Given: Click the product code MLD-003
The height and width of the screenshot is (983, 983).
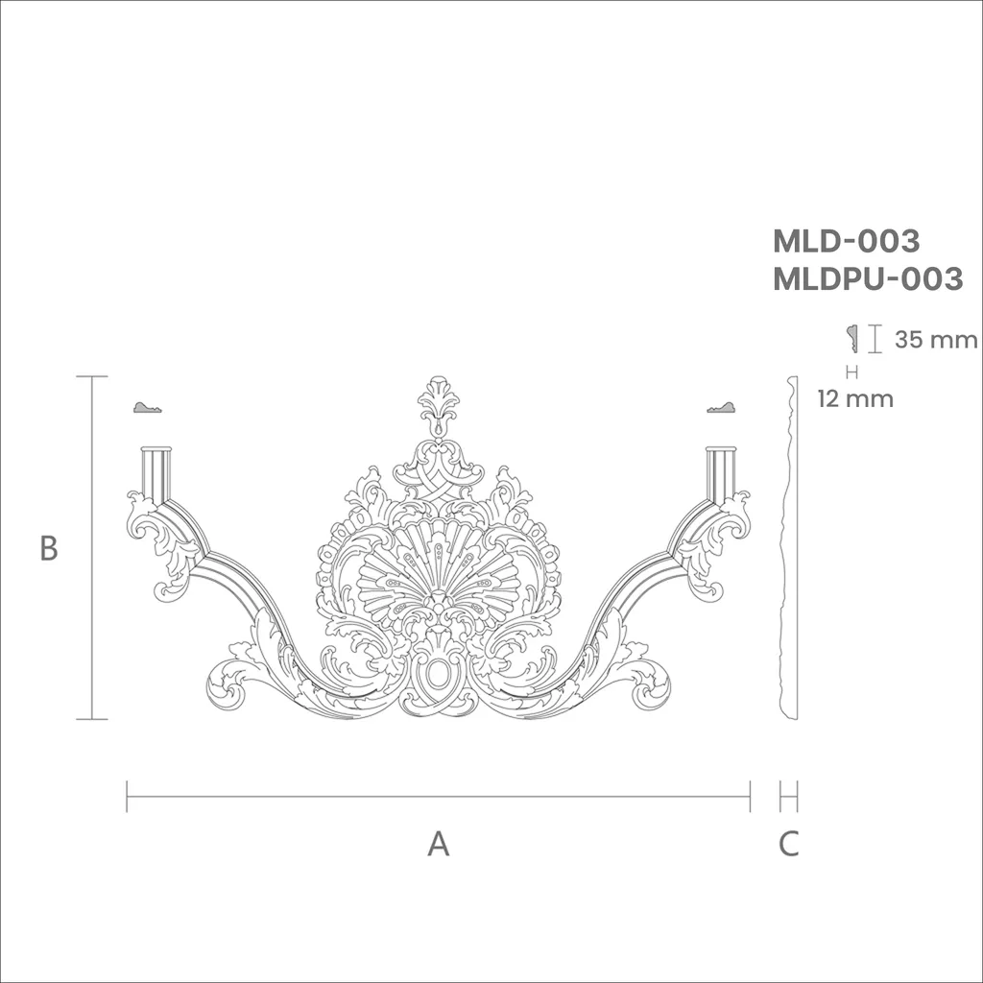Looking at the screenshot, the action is click(846, 241).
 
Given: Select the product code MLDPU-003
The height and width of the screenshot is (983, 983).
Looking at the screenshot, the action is click(868, 278).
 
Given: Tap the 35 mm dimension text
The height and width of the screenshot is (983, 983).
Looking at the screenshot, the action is click(935, 339).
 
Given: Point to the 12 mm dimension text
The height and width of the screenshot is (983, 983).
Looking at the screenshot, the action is click(855, 398).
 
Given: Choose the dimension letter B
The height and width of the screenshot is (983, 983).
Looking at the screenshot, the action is click(49, 548).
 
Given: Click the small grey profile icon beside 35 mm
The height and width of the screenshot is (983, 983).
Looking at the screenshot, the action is click(852, 339).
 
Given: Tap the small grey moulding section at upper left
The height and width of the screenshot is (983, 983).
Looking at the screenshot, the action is click(148, 407).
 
